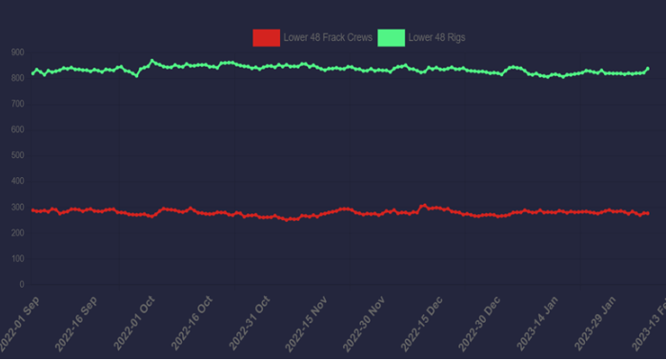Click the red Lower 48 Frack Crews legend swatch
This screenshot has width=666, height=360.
[266, 37]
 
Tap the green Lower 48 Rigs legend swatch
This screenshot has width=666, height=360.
[391, 37]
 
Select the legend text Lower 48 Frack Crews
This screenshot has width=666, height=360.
[328, 38]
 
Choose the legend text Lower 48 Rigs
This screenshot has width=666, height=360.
[436, 38]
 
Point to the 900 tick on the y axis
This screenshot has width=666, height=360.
[17, 52]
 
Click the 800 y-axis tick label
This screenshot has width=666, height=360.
[17, 78]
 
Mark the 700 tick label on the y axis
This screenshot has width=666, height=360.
[17, 104]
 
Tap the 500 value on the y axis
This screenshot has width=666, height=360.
[17, 155]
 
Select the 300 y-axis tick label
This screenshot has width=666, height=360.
[17, 207]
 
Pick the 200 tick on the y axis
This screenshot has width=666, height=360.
[17, 232]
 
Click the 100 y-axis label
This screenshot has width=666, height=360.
[17, 258]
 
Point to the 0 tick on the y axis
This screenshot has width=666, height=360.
[21, 284]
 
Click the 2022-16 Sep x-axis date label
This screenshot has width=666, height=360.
[76, 325]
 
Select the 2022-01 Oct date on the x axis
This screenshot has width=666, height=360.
[134, 325]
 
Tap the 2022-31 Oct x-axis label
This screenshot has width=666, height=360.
[251, 325]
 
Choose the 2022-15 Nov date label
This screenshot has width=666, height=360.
[309, 325]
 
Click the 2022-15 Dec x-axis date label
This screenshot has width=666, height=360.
[424, 325]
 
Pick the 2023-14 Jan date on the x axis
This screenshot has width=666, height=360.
[540, 325]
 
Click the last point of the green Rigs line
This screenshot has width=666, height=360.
[648, 69]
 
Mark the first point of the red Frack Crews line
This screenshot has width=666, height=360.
[32, 210]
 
